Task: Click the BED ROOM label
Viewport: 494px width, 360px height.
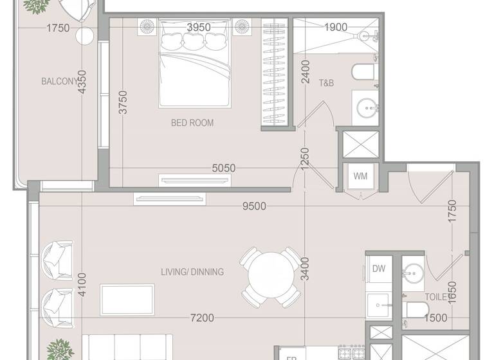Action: click(192, 123)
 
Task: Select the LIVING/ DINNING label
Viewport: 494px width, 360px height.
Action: click(192, 272)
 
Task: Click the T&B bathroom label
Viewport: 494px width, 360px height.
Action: click(326, 82)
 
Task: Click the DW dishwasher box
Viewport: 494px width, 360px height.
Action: click(378, 268)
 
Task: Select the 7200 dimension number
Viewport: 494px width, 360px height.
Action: click(202, 318)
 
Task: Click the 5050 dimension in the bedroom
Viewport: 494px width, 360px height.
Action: click(224, 168)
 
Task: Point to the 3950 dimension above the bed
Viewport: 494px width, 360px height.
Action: click(199, 27)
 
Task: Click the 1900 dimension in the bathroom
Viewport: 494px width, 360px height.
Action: click(335, 27)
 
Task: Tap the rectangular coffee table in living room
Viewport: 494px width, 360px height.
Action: click(127, 300)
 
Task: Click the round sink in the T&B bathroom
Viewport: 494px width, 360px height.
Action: click(369, 107)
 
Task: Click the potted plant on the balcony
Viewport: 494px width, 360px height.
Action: click(35, 5)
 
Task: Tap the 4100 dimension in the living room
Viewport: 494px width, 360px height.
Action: click(81, 285)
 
